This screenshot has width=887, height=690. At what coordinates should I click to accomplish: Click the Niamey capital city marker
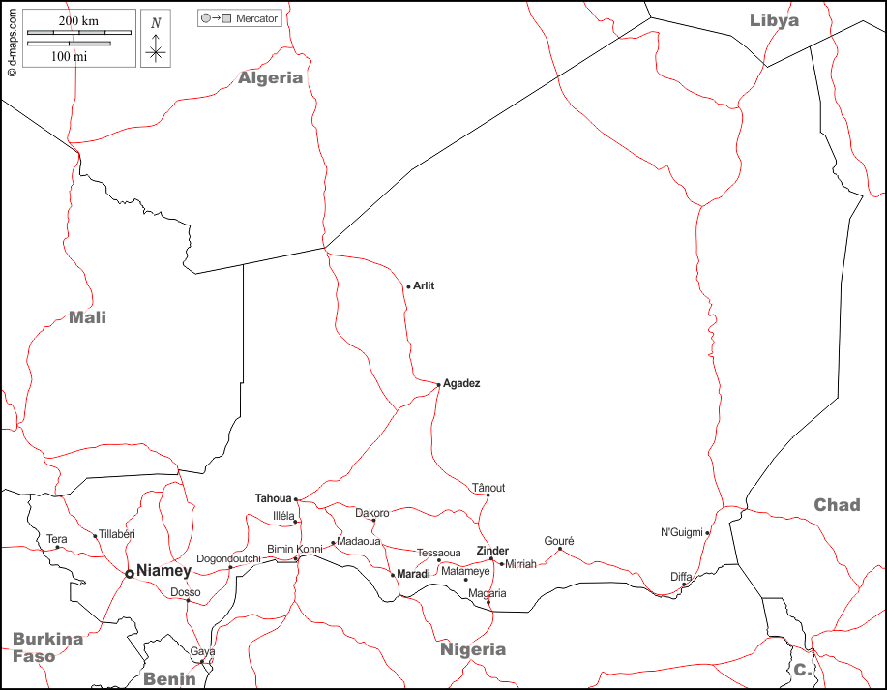[x=130, y=574]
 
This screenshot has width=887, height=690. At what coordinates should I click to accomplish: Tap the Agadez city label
[x=461, y=383]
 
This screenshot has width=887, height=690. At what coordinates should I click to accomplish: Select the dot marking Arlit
[x=409, y=286]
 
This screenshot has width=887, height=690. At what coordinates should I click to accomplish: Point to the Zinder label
[x=492, y=551]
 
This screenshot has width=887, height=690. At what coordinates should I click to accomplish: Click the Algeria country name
[x=271, y=77]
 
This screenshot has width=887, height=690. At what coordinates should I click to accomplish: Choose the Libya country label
[x=774, y=19]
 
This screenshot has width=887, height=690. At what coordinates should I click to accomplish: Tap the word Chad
[x=837, y=504]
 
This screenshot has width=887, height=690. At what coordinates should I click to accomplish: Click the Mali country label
[x=87, y=317]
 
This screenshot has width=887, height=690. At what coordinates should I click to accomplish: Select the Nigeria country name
[x=473, y=649]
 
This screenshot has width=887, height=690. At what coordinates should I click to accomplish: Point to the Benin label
[x=169, y=678]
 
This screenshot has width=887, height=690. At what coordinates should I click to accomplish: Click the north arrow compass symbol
[x=156, y=40]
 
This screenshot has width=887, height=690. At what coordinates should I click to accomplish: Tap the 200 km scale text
[x=78, y=21]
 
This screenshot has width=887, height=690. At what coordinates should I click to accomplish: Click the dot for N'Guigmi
[x=707, y=533]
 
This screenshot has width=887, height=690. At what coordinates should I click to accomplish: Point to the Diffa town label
[x=681, y=577]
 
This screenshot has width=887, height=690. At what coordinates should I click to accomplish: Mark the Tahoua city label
[x=273, y=498]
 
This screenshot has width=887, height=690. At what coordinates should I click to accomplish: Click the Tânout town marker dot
[x=488, y=496]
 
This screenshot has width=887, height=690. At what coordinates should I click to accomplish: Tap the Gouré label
[x=559, y=541]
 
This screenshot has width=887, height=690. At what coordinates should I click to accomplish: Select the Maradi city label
[x=413, y=574]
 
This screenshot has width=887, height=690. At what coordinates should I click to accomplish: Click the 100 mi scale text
[x=69, y=56]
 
